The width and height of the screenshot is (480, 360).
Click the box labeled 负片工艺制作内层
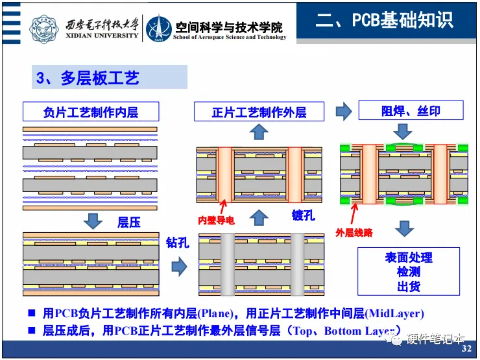pos(90,112)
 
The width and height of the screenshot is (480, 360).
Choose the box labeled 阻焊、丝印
pos(411,111)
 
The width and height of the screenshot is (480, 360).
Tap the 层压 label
pos(129,222)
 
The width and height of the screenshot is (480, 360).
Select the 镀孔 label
pos(303,215)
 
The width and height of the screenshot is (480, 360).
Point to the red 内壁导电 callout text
pos(216,221)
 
